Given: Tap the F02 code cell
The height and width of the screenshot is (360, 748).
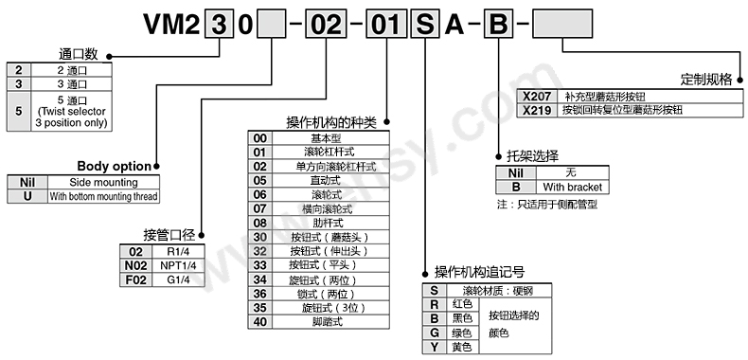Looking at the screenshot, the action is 135,279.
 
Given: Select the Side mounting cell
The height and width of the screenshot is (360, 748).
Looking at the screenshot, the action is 103,183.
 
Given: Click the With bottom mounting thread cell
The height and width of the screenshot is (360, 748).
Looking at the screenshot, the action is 103,196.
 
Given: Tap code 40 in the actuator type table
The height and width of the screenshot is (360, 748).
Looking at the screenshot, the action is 259,322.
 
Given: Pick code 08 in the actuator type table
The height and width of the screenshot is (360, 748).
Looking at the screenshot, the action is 259,223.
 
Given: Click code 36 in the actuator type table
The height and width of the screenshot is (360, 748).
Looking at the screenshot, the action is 259,294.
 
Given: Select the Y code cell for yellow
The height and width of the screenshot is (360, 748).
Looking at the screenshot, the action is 433,347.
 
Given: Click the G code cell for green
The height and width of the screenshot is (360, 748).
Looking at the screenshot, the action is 433,333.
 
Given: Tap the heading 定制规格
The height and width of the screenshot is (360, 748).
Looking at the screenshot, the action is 706,79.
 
